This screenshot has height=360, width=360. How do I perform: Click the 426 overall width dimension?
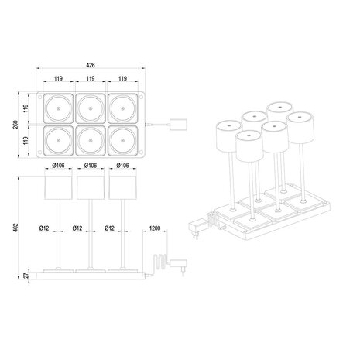pos(92,67)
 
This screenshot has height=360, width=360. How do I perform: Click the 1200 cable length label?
pos(156,228)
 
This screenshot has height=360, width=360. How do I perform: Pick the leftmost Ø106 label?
pos(60,165)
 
